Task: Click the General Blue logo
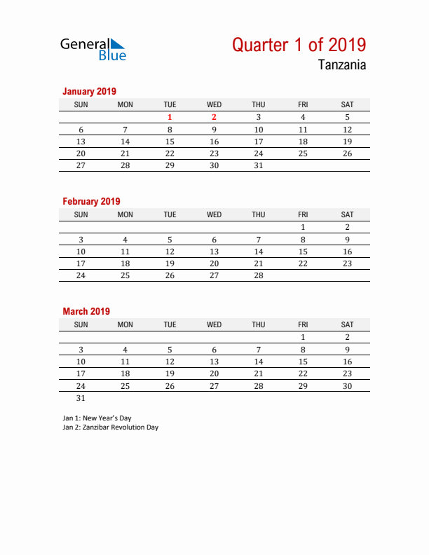coord(93,48)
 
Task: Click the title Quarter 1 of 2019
coord(299,45)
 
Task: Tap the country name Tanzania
coord(341,66)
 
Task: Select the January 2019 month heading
coord(89,91)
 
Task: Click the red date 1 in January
coord(170,118)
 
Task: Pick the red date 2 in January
coord(214,118)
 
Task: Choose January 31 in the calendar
coord(259,165)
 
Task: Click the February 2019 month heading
coord(91,201)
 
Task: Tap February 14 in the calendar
coord(259,252)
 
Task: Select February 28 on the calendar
coord(259,275)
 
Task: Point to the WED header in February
coord(214,214)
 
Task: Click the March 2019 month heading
coord(86,311)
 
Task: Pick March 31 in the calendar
coord(81,397)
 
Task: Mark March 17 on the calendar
coord(81,374)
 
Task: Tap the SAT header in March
coord(347,324)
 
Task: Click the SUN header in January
coord(81,104)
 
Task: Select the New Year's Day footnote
coord(97,418)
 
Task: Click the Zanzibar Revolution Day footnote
coord(110,427)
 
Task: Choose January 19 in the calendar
coord(347,142)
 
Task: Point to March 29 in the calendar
coord(303,385)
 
